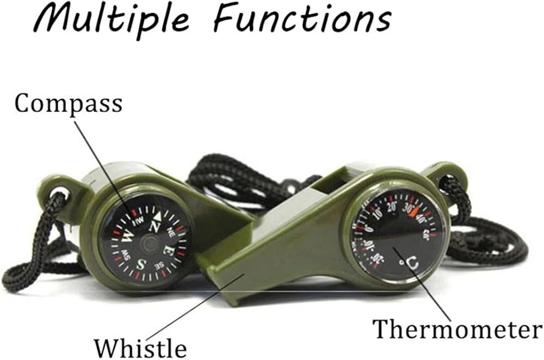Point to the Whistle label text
(x=140, y=347)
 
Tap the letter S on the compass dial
(x=143, y=265)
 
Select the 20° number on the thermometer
(x=392, y=208)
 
